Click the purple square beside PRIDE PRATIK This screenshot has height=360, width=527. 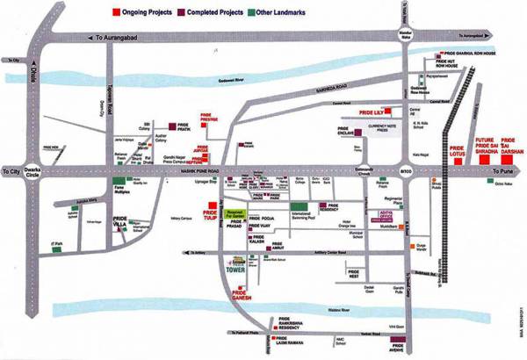tap(174, 125)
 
